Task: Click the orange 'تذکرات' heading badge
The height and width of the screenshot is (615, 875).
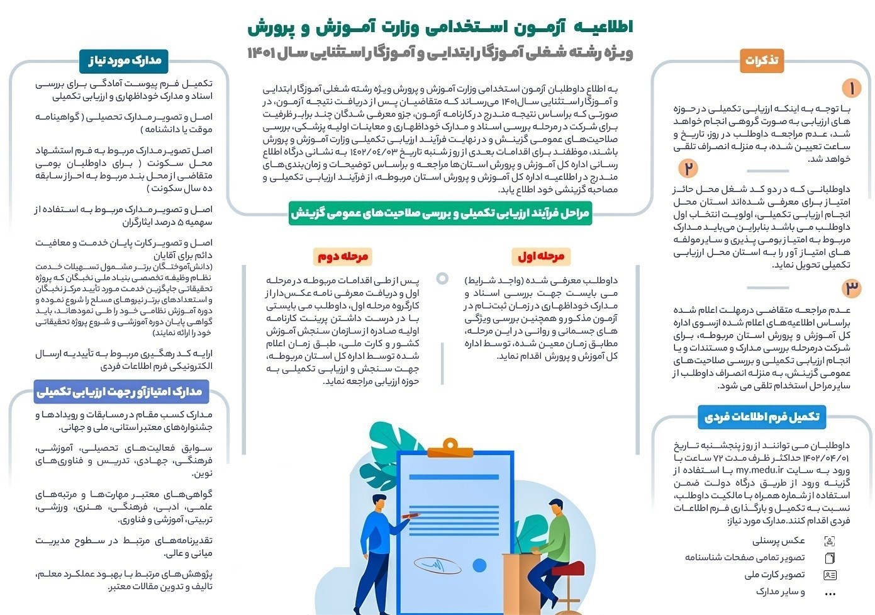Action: (761, 60)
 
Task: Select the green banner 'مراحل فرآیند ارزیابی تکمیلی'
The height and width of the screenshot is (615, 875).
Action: (440, 213)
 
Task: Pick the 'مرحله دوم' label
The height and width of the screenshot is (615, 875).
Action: (342, 256)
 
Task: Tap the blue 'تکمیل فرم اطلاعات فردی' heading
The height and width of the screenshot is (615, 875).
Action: (762, 417)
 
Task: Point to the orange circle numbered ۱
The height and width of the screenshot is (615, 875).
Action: (851, 88)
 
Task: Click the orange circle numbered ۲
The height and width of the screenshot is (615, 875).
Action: (688, 169)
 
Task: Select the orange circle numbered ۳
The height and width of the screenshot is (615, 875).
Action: (851, 288)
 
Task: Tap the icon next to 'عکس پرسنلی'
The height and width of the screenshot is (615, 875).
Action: (830, 541)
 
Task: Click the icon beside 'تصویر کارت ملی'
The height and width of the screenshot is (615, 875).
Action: (830, 575)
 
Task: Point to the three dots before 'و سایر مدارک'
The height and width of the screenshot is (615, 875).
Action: (830, 593)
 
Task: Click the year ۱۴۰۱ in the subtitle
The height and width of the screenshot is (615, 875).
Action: (262, 53)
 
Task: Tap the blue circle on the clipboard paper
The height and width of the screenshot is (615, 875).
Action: (479, 565)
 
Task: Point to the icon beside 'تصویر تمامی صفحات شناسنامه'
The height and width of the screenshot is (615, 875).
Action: (830, 558)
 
